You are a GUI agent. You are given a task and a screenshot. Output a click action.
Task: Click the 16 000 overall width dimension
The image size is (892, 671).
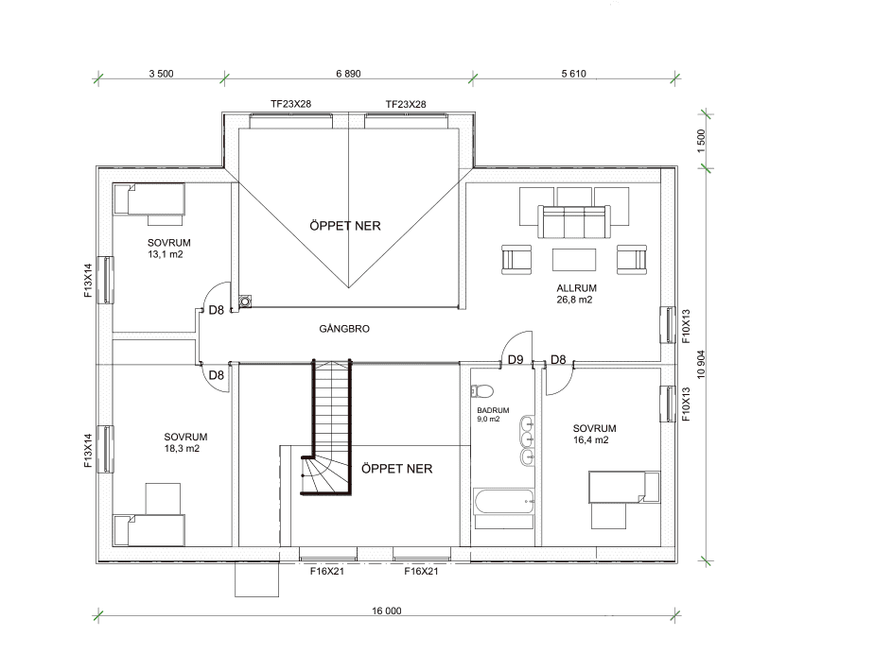[x=386, y=611]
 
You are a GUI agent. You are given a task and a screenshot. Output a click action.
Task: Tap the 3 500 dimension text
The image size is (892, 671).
[x=161, y=74]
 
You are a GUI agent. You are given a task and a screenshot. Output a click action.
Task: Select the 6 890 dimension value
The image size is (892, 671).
[x=349, y=74]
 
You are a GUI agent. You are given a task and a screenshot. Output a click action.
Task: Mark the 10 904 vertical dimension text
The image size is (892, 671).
[x=701, y=365]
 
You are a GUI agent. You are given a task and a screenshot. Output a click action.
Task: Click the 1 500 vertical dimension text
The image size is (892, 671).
[x=701, y=141]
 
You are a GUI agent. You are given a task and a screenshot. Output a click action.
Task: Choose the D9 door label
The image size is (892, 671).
[x=516, y=359]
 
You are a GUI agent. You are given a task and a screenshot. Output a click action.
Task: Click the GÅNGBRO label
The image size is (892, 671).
[x=343, y=330]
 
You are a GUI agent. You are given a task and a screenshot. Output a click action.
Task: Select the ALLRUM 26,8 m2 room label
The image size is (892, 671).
[x=575, y=293]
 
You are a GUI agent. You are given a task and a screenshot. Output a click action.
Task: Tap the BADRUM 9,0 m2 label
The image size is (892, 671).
[x=493, y=415]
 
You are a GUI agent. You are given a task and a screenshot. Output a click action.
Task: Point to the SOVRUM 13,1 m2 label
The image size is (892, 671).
[x=163, y=249]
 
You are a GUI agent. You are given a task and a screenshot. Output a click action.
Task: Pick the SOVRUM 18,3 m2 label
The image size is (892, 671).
[x=185, y=442]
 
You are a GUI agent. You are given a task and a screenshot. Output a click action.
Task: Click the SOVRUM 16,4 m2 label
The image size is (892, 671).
[x=594, y=434]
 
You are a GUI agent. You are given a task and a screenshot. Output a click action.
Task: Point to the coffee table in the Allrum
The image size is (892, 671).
[x=574, y=259]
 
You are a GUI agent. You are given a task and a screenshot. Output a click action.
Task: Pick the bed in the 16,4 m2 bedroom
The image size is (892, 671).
[x=622, y=487]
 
